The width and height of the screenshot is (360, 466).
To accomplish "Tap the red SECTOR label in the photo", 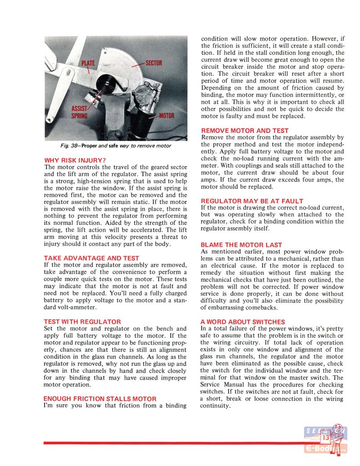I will coord(154,62).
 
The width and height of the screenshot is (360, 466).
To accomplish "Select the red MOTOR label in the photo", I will coord(166,115).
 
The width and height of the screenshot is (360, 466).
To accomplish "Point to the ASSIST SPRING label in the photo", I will coord(79,111).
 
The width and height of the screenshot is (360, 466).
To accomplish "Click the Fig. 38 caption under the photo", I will coord(117,146).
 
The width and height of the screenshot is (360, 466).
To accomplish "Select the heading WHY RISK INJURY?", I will coord(75,160).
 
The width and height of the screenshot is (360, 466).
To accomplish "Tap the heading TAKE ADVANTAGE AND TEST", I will coord(91,258).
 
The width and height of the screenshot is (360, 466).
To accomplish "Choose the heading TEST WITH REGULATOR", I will coord(82,321).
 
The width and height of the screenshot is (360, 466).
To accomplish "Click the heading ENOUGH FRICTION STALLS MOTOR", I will coord(100,399).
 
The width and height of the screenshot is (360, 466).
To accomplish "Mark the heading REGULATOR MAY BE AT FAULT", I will coord(252,201).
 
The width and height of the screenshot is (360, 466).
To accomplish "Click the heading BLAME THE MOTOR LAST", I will coord(241,245).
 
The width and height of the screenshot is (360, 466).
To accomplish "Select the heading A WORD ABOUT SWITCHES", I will coord(243,321).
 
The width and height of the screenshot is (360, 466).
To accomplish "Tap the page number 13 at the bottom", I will coord(326,438).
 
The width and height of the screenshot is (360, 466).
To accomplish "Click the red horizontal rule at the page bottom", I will coord(173,442).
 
